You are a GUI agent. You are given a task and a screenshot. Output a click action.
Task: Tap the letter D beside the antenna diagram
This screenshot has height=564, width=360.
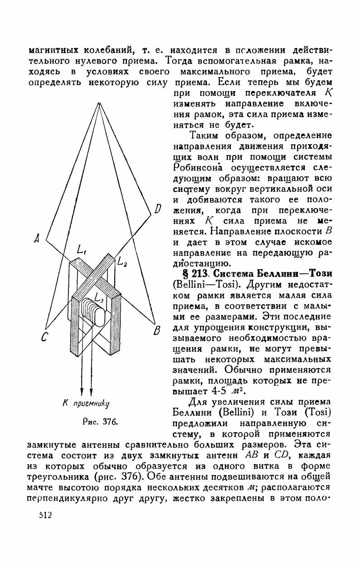click(158, 209)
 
